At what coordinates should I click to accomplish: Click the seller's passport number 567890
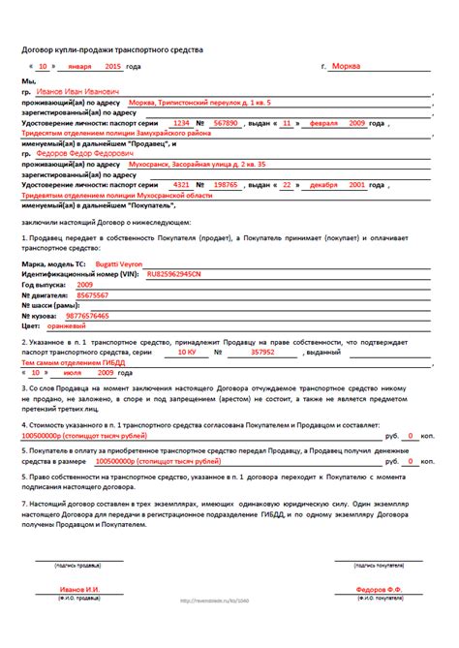pos(226,124)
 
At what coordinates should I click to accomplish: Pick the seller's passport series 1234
pos(180,124)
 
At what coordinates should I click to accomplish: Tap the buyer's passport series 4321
pos(180,184)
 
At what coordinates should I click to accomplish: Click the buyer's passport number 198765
pos(226,184)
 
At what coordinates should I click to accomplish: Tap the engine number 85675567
pos(93,295)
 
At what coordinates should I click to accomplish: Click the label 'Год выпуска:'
pos(46,286)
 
